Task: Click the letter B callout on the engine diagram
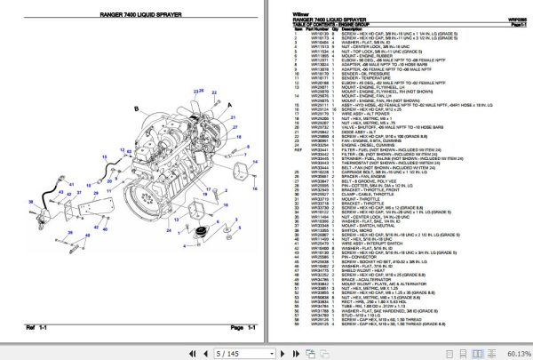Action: tap(136, 108)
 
